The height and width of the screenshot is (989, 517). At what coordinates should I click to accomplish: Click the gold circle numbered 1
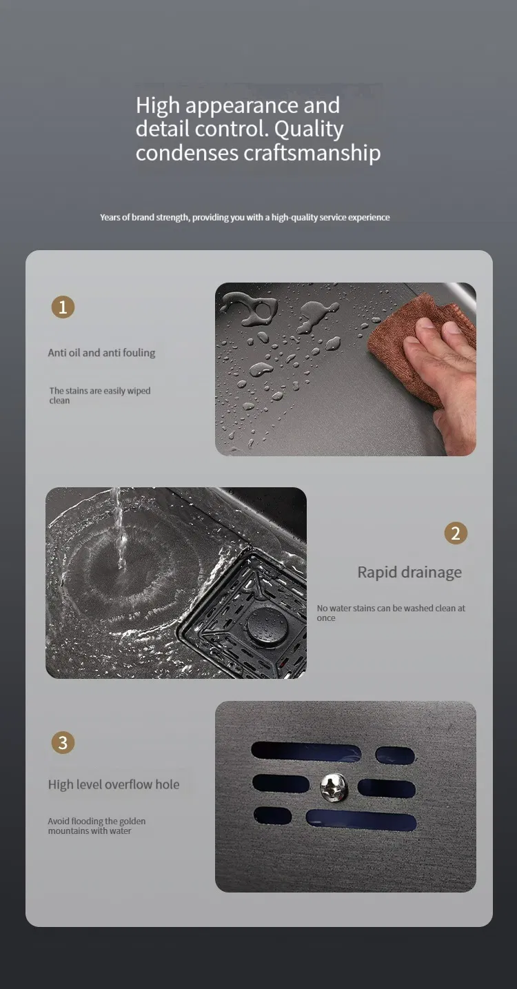[x=63, y=307]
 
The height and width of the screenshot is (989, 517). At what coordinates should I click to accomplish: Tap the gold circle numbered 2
[x=456, y=533]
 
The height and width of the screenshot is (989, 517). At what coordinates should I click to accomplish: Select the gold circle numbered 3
[x=63, y=742]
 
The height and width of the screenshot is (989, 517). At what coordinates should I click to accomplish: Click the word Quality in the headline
[x=309, y=130]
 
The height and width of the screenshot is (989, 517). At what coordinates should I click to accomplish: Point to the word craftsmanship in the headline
[x=312, y=153]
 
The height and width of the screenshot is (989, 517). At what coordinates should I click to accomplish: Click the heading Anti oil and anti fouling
[x=101, y=353]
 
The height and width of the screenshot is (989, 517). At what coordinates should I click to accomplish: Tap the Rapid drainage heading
[x=409, y=572]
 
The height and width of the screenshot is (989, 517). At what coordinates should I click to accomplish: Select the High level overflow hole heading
[x=114, y=784]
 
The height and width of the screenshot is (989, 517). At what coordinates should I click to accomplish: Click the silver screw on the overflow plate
[x=334, y=787]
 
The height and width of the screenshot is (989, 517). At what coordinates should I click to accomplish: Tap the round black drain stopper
[x=267, y=626]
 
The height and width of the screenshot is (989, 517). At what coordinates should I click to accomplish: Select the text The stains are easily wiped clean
[x=100, y=396]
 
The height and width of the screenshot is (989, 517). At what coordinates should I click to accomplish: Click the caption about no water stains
[x=391, y=613]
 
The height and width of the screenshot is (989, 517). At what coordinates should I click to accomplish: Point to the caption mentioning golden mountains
[x=97, y=826]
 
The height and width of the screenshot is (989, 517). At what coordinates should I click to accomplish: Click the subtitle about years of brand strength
[x=245, y=217]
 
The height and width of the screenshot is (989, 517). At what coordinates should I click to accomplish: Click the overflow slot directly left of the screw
[x=281, y=783]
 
